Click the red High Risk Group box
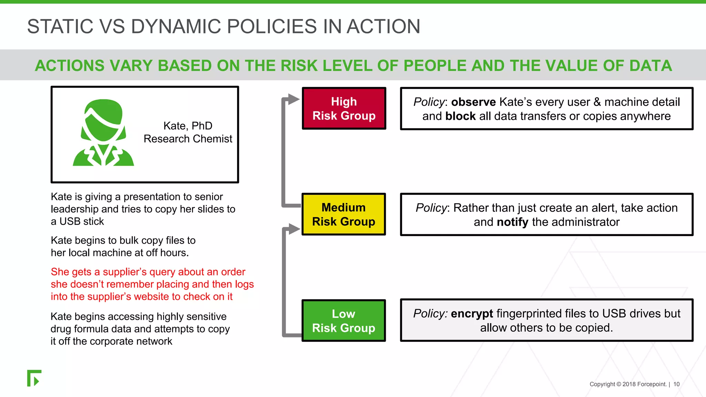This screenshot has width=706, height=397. click(x=344, y=109)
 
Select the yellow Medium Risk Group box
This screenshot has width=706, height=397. click(x=343, y=214)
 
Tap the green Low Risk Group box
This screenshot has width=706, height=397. click(x=343, y=320)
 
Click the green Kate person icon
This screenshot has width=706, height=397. click(x=103, y=133)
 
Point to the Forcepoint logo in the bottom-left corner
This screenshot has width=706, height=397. click(x=34, y=378)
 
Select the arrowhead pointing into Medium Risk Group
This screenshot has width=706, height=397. click(x=294, y=229)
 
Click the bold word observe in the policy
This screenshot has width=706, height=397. click(x=473, y=102)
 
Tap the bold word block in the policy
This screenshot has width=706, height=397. click(x=460, y=116)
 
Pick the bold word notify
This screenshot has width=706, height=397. click(x=512, y=222)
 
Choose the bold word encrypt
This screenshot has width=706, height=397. click(x=472, y=314)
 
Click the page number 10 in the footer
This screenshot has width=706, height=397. click(x=676, y=384)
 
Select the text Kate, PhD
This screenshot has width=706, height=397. click(x=188, y=126)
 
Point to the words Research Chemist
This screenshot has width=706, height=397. click(x=188, y=139)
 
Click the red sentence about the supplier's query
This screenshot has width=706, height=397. click(x=152, y=284)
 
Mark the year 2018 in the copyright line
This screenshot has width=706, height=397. click(x=629, y=384)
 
